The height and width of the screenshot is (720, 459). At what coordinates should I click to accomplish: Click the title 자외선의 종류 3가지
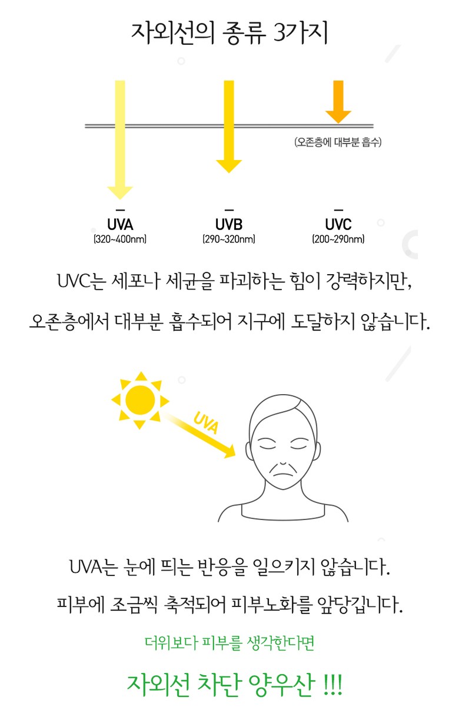[x=229, y=32]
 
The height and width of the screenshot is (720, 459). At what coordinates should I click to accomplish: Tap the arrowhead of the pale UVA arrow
[x=120, y=193]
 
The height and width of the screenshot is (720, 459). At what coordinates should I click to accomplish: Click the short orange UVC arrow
[x=338, y=102]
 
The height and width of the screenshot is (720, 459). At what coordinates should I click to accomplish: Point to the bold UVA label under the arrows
[x=120, y=224]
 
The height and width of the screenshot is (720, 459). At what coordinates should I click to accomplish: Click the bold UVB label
[x=229, y=224]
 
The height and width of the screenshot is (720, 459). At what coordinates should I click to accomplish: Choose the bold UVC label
[x=338, y=224]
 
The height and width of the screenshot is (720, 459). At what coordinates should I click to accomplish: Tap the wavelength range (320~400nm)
[x=120, y=239]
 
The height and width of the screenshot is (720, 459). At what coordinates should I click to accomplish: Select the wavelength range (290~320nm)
[x=229, y=239]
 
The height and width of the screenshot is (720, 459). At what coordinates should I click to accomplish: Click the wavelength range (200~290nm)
[x=338, y=239]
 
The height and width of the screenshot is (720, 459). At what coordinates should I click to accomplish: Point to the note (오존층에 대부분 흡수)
[x=338, y=142]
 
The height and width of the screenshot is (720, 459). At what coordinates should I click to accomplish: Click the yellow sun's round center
[x=140, y=400]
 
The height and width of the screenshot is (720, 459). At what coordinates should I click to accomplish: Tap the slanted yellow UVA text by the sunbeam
[x=206, y=423]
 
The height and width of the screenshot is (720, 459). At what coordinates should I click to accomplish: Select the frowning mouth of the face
[x=283, y=471]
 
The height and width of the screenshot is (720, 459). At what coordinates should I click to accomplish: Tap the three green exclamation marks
[x=333, y=685]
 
